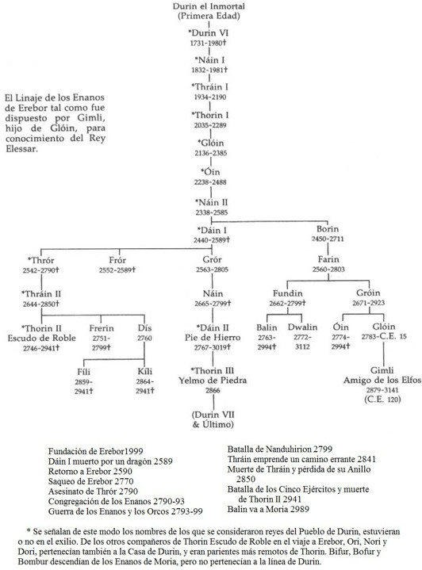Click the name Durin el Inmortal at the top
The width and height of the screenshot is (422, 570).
[x=209, y=6]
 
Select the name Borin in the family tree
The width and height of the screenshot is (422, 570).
[x=328, y=229]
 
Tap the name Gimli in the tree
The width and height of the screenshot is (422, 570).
[x=382, y=370]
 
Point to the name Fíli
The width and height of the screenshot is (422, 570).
[x=83, y=372]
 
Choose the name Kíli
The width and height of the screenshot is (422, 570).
[x=145, y=372]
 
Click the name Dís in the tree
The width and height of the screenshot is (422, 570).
[x=145, y=328]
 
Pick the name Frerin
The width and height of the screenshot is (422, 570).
[x=102, y=328]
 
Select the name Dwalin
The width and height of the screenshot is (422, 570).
[x=302, y=327]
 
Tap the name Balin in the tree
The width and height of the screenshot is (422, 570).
[x=267, y=327]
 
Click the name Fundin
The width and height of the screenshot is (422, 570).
[x=288, y=293]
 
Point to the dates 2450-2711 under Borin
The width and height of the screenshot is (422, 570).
[x=328, y=239]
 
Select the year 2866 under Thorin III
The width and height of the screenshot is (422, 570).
[x=213, y=390]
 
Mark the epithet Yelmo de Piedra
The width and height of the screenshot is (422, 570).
[x=213, y=381]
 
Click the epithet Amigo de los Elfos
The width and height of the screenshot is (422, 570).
[x=382, y=381]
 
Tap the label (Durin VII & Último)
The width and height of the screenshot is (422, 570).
[x=213, y=419]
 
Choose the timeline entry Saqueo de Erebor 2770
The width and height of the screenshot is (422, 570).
[x=91, y=481]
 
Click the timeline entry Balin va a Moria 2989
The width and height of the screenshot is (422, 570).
[x=268, y=509]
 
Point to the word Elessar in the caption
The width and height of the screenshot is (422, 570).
[x=21, y=148]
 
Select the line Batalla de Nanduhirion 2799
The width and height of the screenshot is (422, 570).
[x=280, y=449]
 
